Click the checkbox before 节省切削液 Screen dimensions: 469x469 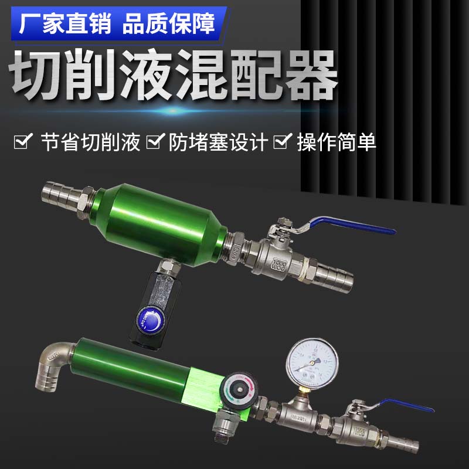(x=23, y=142)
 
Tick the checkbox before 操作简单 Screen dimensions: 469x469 (x=283, y=142)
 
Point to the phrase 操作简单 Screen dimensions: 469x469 (x=337, y=142)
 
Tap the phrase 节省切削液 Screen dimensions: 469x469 (x=91, y=142)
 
